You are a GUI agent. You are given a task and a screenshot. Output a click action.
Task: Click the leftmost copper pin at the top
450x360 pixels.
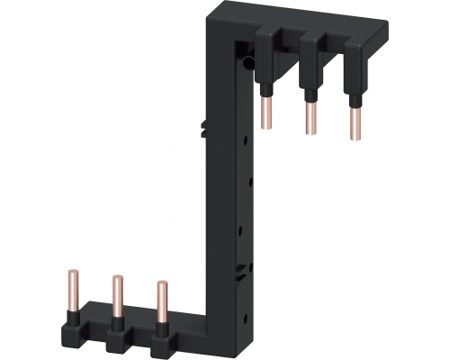pyautogui.click(x=267, y=112)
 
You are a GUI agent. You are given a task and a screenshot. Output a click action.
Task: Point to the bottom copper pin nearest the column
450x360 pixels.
pyautogui.click(x=161, y=301)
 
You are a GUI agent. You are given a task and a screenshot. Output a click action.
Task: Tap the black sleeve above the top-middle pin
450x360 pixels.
pyautogui.click(x=310, y=86)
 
